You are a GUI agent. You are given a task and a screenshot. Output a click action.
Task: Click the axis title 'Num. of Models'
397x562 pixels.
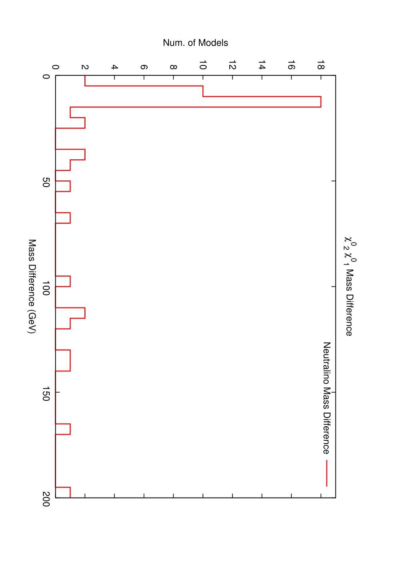[x=195, y=43]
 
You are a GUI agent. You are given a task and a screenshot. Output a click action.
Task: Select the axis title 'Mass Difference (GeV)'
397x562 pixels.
[x=32, y=287]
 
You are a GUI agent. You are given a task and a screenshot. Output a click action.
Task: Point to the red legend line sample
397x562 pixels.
[x=327, y=473]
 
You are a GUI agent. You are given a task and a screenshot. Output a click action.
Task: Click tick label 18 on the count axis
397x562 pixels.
[x=321, y=65]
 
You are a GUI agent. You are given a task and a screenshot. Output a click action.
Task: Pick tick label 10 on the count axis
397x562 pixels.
[x=203, y=65]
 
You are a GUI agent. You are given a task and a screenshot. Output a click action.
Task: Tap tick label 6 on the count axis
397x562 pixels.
[x=144, y=67]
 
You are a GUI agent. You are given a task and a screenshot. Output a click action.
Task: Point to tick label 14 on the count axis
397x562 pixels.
[x=262, y=65]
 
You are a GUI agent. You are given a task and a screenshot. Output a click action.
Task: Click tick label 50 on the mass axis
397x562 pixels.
[x=46, y=183]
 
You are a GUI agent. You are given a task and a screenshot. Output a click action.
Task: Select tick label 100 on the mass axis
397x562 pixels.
[x=46, y=288]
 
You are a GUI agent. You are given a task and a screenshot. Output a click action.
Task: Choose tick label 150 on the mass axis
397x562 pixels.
[x=46, y=393]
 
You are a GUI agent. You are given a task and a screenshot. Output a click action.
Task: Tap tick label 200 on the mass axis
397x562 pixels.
[x=46, y=499]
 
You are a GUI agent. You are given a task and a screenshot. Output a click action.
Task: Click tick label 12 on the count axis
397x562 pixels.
[x=232, y=65]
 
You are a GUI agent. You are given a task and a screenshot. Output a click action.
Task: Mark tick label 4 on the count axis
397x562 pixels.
[x=114, y=67]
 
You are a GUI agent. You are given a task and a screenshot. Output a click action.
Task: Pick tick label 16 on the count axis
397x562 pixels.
[x=291, y=65]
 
